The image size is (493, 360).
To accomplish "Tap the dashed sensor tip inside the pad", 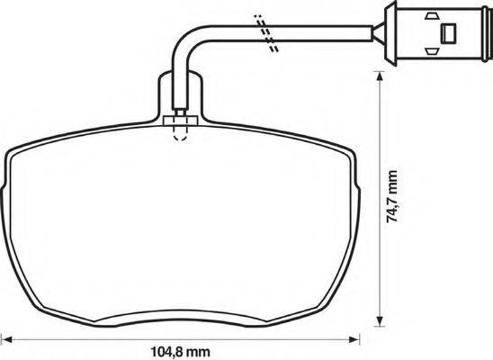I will click(x=180, y=132).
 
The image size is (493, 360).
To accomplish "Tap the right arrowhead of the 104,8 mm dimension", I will click(x=353, y=341).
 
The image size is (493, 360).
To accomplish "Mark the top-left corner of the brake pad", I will click(x=13, y=151).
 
